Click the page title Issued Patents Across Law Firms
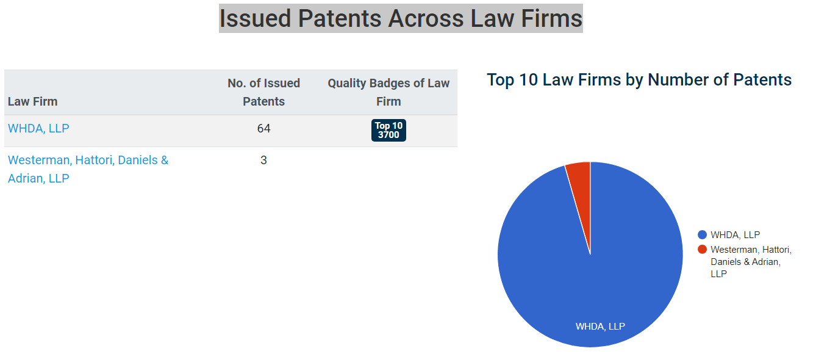(401, 18)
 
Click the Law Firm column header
(33, 101)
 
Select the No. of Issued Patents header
(263, 92)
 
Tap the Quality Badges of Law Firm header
(388, 92)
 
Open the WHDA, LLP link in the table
(38, 128)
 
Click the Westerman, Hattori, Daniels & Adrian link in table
(88, 169)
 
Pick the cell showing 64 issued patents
(263, 128)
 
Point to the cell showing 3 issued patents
(263, 160)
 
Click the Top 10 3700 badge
(388, 130)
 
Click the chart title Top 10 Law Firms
(639, 79)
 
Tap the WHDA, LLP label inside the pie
(600, 326)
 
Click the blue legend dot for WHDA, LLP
(703, 235)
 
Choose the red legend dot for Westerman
(703, 249)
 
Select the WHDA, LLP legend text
(735, 235)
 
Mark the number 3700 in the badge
(388, 135)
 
